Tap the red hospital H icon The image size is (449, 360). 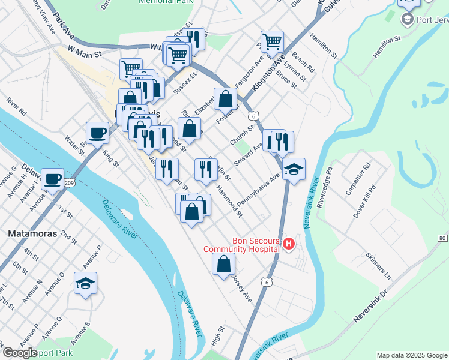coord(289,244)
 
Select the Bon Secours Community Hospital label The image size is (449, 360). coord(241,245)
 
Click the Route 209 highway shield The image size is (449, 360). coord(70,182)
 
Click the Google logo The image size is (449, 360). coord(20,352)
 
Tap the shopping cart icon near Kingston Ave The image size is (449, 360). coord(273,41)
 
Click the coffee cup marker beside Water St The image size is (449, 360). coord(97,132)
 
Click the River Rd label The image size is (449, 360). coord(17,107)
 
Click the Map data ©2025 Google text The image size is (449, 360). coord(412,355)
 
